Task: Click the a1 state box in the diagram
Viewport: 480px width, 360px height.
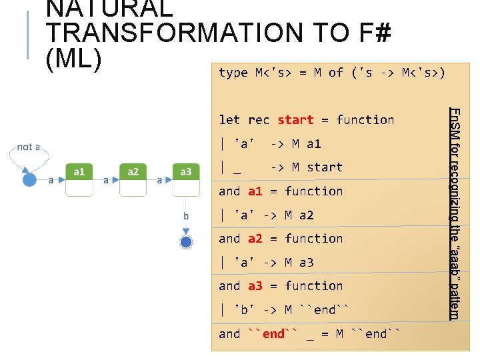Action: [79, 179]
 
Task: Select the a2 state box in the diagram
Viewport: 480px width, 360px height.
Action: [133, 179]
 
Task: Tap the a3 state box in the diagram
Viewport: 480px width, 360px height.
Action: [186, 179]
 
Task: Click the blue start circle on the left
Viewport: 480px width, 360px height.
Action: [29, 180]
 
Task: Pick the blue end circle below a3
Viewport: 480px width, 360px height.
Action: [186, 241]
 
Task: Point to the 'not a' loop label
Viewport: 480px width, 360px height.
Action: [29, 147]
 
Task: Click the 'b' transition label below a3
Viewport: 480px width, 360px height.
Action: [187, 216]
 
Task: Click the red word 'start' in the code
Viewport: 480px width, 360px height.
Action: [295, 120]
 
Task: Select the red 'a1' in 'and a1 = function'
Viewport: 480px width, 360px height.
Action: [255, 191]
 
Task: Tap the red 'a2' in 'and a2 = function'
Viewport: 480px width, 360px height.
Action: [255, 239]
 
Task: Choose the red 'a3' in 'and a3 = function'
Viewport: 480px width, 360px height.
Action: [255, 286]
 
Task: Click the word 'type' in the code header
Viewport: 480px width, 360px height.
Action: [233, 73]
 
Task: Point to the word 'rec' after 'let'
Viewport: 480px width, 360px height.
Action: [259, 120]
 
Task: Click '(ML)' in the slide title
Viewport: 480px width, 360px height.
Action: [73, 58]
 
